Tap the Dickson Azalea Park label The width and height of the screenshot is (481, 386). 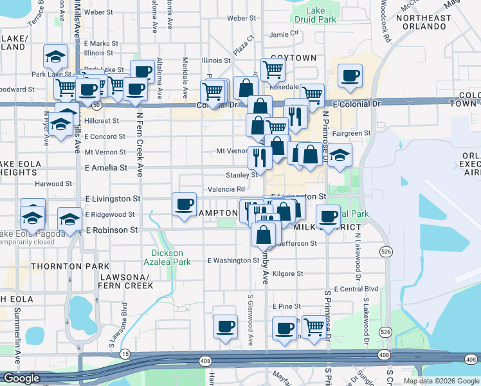171,257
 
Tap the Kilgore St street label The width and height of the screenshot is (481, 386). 287,274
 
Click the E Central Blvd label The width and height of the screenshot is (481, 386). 356,289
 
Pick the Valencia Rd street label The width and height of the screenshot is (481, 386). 226,189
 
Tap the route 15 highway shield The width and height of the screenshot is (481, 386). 125,354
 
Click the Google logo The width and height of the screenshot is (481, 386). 21,378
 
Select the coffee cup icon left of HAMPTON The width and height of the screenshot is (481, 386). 184,204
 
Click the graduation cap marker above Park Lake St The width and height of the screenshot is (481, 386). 55,56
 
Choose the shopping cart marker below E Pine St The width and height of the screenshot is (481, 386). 314,327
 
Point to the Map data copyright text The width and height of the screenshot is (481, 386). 441,381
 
